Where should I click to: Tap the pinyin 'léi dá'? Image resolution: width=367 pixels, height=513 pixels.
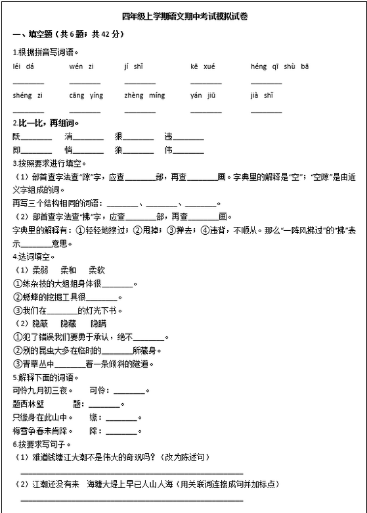click(24, 66)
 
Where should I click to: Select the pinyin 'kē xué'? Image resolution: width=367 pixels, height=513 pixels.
click(203, 66)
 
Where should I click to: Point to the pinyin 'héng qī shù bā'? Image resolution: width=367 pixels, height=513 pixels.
click(280, 66)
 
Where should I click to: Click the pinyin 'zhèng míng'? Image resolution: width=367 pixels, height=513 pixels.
click(144, 95)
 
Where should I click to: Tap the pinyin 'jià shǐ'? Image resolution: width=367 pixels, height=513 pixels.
click(261, 95)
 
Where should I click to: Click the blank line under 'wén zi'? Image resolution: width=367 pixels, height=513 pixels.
click(85, 83)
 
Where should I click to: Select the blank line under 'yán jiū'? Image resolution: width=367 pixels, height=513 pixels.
click(206, 111)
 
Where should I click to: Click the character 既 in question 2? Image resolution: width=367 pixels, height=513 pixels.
click(17, 137)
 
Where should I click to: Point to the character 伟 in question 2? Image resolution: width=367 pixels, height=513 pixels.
click(169, 150)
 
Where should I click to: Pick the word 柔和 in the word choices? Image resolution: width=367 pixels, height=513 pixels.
click(69, 270)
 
